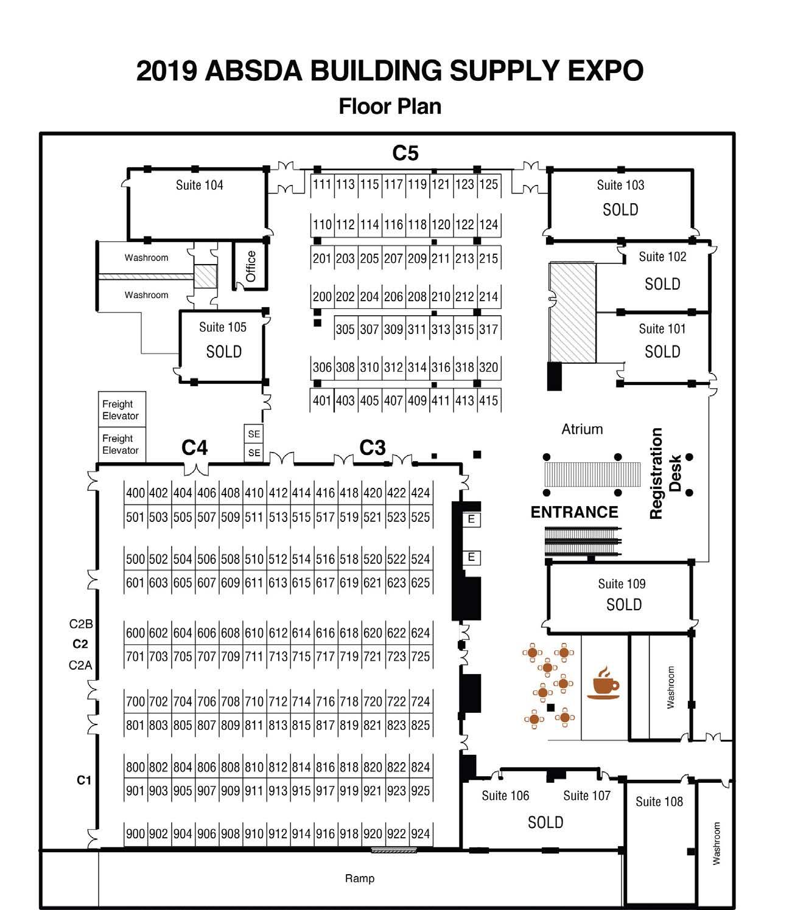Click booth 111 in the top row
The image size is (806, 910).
click(x=322, y=184)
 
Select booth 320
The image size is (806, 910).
click(x=488, y=367)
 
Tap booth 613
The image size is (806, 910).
click(x=278, y=583)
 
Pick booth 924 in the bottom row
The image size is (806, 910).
click(x=420, y=833)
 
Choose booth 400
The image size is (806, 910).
click(x=135, y=493)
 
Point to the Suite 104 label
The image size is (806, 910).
click(x=199, y=185)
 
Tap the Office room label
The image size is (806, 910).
click(x=250, y=266)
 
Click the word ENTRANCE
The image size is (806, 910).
click(x=574, y=512)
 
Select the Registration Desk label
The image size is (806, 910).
click(x=664, y=474)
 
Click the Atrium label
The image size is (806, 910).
click(x=582, y=429)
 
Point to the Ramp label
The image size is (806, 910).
click(x=360, y=878)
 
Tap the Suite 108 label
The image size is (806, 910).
click(x=659, y=802)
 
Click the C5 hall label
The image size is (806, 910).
click(x=405, y=153)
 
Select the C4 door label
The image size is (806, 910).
click(x=195, y=448)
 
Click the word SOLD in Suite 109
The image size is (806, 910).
click(x=624, y=605)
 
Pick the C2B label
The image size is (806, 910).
click(x=81, y=624)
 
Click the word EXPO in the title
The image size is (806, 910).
click(x=606, y=71)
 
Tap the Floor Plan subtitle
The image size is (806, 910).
click(x=390, y=106)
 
